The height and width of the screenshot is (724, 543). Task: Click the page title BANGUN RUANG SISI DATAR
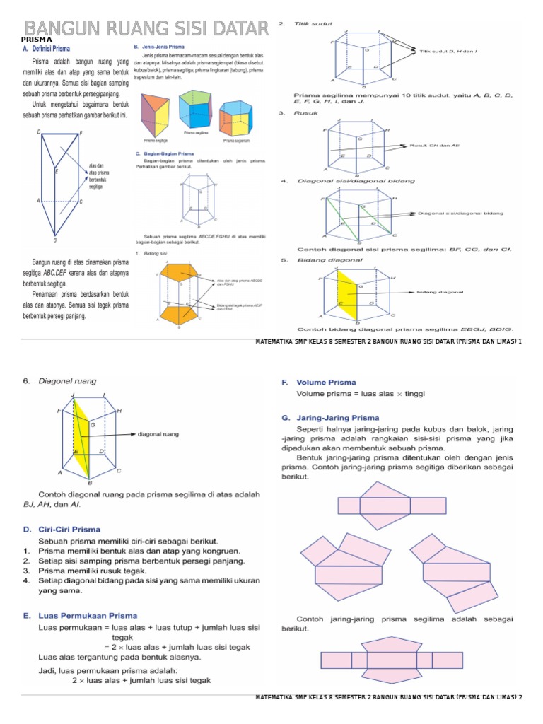point(147,28)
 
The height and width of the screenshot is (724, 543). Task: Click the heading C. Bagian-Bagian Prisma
point(163,153)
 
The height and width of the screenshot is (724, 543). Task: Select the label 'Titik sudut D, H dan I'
point(448,51)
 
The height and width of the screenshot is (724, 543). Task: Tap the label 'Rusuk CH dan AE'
point(436,145)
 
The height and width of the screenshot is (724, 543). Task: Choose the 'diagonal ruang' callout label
point(158,434)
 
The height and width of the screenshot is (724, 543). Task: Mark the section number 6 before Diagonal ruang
point(25,382)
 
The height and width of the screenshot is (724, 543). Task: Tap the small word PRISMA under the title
point(36,40)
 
